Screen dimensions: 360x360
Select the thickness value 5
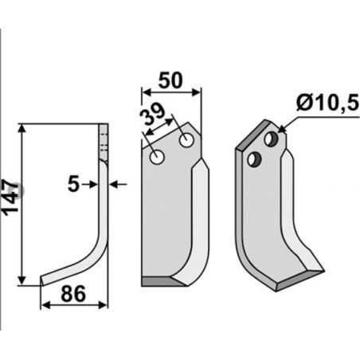pos(74,184)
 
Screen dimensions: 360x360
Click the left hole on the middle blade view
pos(158,158)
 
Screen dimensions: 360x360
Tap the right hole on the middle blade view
pos(186,142)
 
